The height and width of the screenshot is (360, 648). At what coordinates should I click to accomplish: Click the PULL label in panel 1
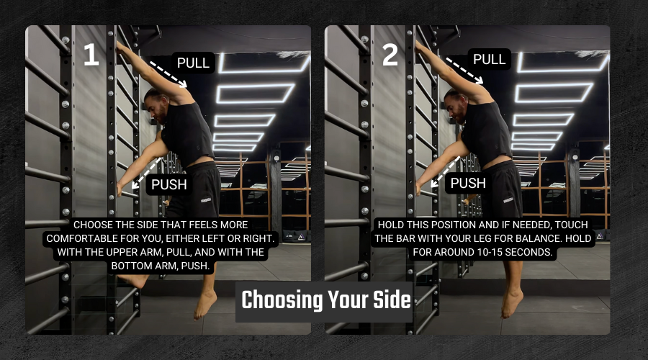pos(193,63)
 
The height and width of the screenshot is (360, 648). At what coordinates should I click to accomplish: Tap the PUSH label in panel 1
pos(169,184)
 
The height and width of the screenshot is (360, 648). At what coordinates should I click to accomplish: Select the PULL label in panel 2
pos(490,59)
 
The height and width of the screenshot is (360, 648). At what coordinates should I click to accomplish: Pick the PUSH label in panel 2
pos(468,183)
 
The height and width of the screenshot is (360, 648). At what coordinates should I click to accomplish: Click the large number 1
pos(91,55)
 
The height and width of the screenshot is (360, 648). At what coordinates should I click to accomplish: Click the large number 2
pos(390,55)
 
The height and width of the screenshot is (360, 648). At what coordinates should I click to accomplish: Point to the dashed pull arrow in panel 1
pos(168,74)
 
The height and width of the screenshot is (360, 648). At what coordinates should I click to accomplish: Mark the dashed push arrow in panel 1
pos(146,174)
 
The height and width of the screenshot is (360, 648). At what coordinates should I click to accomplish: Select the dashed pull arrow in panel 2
pos(464,71)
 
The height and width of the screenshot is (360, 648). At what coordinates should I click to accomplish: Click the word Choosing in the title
pos(282,300)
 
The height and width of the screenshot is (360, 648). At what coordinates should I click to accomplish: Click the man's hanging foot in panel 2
pos(511,303)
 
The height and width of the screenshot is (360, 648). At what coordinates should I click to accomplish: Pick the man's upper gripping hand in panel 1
pos(122,48)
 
